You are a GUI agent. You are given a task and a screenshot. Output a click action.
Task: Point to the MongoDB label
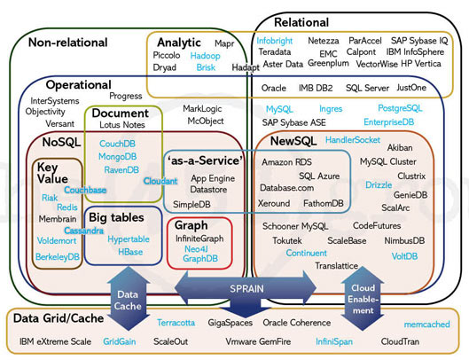click(x=117, y=156)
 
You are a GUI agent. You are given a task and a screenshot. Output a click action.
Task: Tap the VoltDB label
click(x=404, y=255)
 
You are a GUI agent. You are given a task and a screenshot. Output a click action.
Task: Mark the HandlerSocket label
click(x=353, y=140)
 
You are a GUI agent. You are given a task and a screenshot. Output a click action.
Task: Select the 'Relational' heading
click(x=302, y=21)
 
